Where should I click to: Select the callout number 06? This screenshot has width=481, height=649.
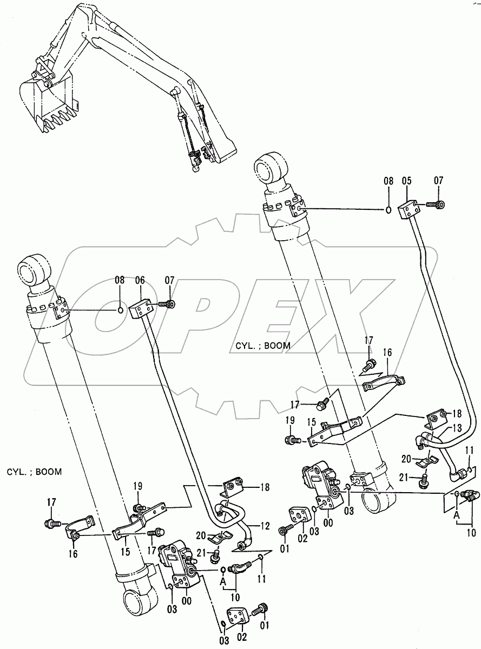point(139,280)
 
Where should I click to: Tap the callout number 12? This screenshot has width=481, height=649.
point(265,526)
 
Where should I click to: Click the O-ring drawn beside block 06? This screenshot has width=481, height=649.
point(122,310)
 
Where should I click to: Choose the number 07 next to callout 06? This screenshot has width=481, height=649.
point(170,280)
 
